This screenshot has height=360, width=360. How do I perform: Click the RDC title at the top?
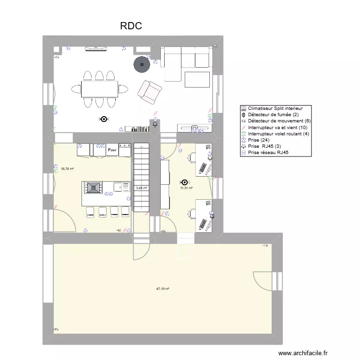click(131, 26)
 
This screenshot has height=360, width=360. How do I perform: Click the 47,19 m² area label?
click(163, 289)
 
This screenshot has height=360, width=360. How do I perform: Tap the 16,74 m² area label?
click(67, 169)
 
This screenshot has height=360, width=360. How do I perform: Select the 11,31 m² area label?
click(186, 188)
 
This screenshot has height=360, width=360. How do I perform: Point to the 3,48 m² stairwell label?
click(142, 188)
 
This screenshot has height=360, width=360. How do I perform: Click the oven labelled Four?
click(112, 150)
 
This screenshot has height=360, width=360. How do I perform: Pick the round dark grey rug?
click(142, 64)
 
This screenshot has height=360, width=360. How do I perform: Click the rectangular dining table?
click(99, 89)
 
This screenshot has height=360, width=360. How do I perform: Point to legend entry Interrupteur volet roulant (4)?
click(278, 134)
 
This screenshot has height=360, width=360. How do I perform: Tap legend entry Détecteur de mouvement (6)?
click(279, 121)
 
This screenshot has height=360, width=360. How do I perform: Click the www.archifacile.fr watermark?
click(303, 353)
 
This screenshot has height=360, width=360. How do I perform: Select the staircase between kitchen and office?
click(142, 178)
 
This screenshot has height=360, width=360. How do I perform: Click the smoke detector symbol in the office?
click(185, 182)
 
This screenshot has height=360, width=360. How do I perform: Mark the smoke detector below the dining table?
click(103, 119)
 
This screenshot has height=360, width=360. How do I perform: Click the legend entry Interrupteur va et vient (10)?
click(277, 128)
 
